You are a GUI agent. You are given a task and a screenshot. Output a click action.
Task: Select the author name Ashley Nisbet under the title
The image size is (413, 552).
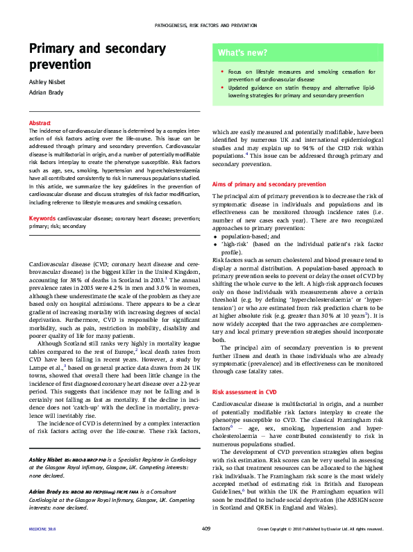(x=47, y=83)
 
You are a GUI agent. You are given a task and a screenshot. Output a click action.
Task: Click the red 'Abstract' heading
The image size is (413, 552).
(x=40, y=123)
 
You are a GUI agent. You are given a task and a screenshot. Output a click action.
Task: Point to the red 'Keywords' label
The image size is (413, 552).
(x=42, y=218)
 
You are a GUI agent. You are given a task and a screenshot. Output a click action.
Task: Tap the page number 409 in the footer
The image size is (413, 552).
(x=206, y=529)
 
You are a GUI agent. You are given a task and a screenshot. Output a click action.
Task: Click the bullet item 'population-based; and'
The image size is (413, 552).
(x=247, y=236)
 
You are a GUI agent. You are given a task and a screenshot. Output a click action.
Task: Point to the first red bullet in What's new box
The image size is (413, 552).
(x=221, y=71)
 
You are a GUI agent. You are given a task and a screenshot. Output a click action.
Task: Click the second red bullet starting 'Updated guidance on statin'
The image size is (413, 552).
(x=221, y=88)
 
